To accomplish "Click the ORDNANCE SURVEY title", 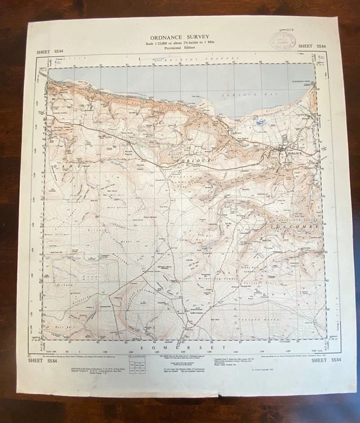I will (x=179, y=36).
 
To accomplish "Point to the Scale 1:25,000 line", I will (x=179, y=44).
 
